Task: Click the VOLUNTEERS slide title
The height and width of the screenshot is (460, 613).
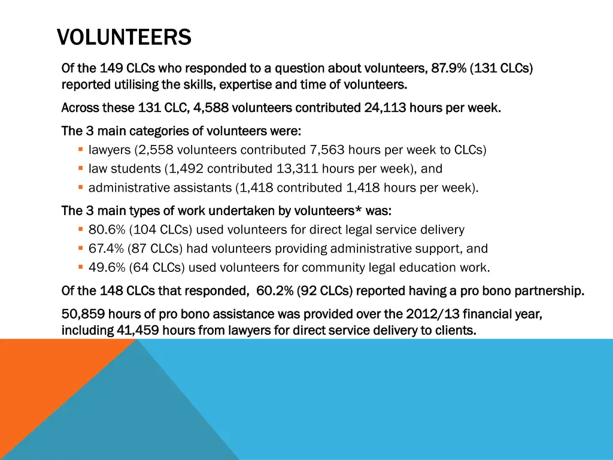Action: pos(124,38)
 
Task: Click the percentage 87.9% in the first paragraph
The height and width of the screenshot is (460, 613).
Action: pos(449,68)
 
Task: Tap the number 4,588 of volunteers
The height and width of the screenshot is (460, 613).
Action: pos(211,108)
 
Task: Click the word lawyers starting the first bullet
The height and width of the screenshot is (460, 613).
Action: pos(110,150)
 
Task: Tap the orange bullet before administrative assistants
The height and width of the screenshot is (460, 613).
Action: pos(80,187)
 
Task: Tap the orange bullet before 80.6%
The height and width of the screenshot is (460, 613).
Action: pos(80,229)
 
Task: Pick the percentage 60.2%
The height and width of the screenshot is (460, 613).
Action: pos(275,292)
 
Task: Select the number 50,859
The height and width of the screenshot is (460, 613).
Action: pos(82,314)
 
